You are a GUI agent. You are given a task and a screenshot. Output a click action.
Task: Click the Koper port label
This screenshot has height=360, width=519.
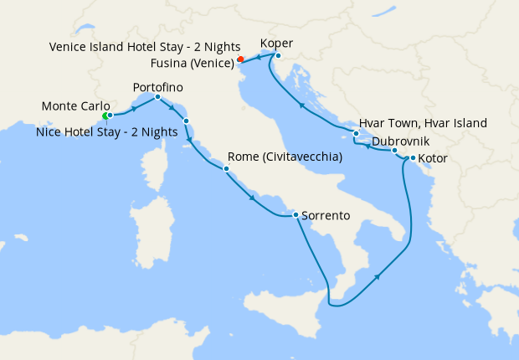tap(276, 44)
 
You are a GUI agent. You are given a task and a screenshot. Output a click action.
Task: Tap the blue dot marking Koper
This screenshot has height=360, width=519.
tap(277, 56)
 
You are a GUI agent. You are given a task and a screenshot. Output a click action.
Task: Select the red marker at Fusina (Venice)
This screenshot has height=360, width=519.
tap(240, 59)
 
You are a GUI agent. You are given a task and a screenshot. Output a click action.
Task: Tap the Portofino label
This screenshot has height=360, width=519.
tap(157, 87)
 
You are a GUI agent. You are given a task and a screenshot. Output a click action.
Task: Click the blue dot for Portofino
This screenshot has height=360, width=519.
tap(157, 98)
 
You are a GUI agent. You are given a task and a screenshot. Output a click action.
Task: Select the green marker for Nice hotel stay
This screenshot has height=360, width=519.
tap(105, 116)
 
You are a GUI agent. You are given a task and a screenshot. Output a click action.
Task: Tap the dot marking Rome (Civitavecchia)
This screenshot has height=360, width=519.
tap(226, 168)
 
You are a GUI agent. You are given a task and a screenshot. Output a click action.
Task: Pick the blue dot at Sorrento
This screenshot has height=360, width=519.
tap(295, 215)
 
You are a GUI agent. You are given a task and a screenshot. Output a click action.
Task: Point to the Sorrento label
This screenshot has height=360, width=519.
tap(326, 215)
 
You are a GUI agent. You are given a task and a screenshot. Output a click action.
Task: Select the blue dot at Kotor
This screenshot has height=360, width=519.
tap(413, 157)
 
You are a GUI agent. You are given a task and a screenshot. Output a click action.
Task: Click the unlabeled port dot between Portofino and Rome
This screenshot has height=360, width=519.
tap(186, 121)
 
